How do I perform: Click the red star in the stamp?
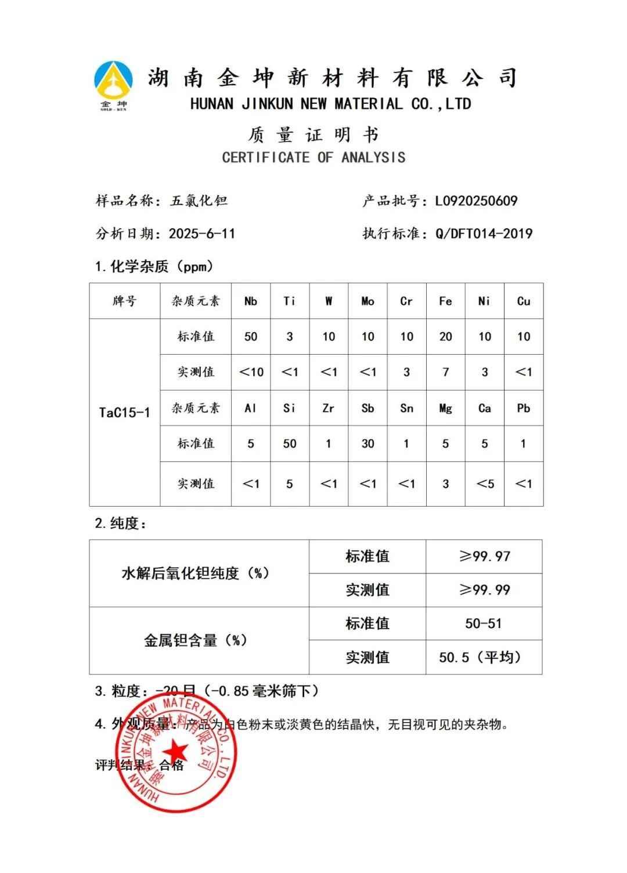point(178,751)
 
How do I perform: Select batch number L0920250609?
point(476,201)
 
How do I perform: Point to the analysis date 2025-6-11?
point(201,234)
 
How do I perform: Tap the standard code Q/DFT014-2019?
point(484,234)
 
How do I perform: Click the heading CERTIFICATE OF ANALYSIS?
point(313,157)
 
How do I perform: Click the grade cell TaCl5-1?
point(124,413)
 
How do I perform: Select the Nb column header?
point(251,301)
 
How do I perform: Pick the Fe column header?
point(445,301)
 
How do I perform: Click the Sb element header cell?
point(367,409)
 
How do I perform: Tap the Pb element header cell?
point(523,409)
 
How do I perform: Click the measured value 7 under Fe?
point(445,372)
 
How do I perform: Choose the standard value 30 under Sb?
point(367,444)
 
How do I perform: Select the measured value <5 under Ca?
point(485,484)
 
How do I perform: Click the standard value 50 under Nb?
point(251,337)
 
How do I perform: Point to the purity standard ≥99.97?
point(484,557)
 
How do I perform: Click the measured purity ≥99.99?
point(484,590)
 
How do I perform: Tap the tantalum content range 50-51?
point(483,624)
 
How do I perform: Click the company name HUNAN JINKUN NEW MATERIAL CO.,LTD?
point(330,104)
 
